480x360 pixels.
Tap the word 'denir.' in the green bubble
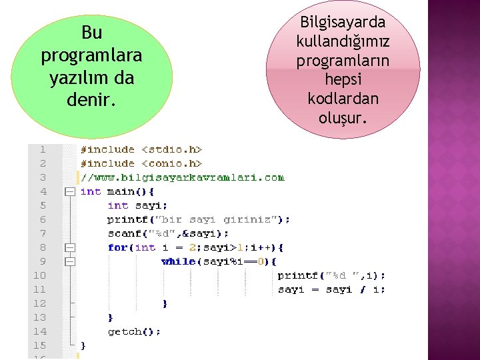(91, 101)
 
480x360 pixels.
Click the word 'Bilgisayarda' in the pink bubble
(343, 22)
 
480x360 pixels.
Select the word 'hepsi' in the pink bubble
(343, 79)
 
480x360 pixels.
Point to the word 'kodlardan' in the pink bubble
(343, 99)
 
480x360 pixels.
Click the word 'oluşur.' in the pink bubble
(343, 118)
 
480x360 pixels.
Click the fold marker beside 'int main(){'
(69, 191)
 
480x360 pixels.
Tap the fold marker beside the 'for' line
(69, 247)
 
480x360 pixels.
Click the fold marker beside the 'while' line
(69, 261)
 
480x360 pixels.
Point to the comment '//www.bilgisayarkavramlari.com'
(182, 177)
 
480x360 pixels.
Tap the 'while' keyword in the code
(179, 261)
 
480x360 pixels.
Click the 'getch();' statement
(134, 331)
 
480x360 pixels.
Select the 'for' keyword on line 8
(117, 247)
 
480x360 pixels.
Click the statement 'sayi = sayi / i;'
(331, 289)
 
